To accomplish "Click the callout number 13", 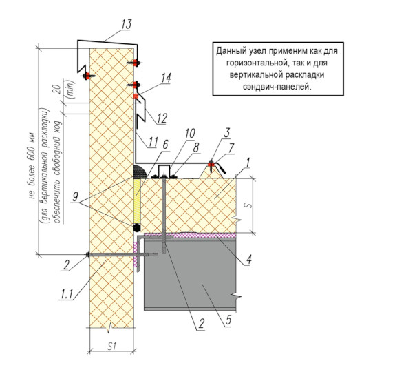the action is click(127, 24).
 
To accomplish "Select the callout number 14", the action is click(167, 78).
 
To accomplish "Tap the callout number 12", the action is click(162, 118).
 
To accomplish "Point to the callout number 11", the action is click(153, 142).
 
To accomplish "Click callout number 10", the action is click(190, 134).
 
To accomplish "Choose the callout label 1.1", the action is click(67, 294).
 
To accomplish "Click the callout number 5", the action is click(228, 320).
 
